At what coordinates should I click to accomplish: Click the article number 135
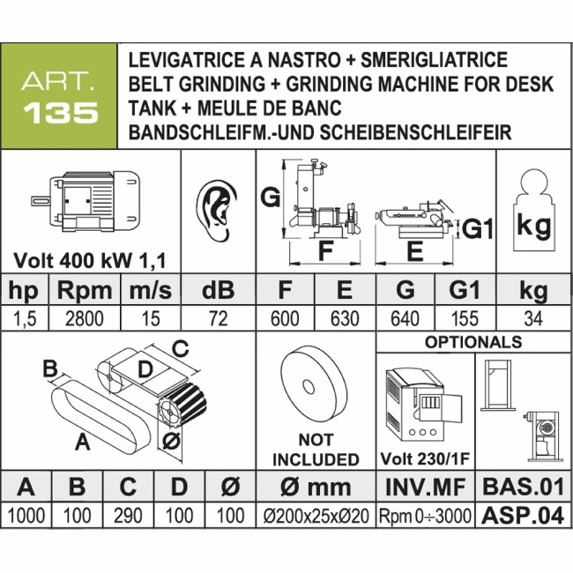point(59,115)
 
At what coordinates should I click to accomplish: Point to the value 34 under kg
point(532,318)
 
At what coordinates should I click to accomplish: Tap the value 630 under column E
point(345,318)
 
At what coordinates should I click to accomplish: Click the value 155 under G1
point(465,318)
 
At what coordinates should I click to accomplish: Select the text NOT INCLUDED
point(315,450)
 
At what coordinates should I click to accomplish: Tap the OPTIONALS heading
point(473,342)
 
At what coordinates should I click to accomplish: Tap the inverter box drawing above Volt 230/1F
point(422,401)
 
